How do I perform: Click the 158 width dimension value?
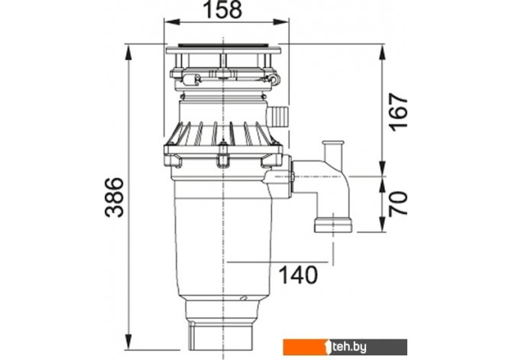coord(222,9)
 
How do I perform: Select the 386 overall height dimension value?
coord(115,197)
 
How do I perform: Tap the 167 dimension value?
coord(399,112)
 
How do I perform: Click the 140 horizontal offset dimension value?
coord(299,274)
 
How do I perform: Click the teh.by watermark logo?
coord(345,347)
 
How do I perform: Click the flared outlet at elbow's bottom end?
coord(333,225)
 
